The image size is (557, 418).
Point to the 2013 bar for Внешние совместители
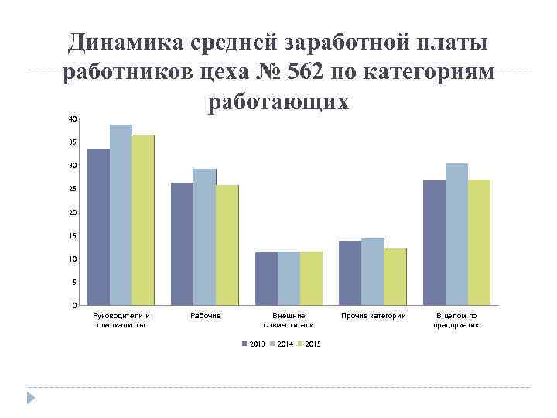tap(266, 279)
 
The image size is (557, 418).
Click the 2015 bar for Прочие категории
tap(395, 276)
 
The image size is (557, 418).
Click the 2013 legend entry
tap(253, 343)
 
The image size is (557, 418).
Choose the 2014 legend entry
tap(282, 343)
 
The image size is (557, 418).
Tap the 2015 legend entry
tap(309, 343)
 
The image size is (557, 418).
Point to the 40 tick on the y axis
tap(73, 119)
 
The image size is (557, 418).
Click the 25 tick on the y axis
tap(73, 189)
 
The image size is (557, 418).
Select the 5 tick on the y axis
tap(74, 283)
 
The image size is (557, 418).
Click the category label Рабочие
tap(205, 316)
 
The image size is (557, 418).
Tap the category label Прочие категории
tap(374, 316)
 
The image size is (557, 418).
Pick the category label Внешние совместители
tap(289, 320)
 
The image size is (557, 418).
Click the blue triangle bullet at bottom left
tap(31, 399)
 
